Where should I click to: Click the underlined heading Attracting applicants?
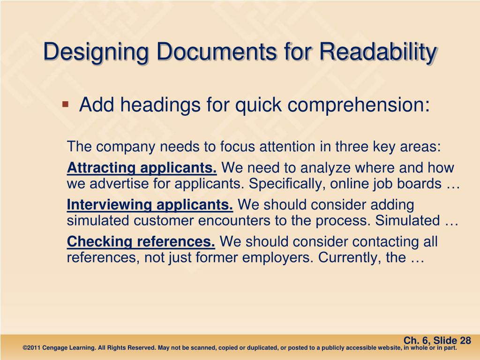point(142,168)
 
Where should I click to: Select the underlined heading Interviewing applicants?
point(150,205)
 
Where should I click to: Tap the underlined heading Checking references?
point(141,242)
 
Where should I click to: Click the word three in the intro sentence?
point(352,147)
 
